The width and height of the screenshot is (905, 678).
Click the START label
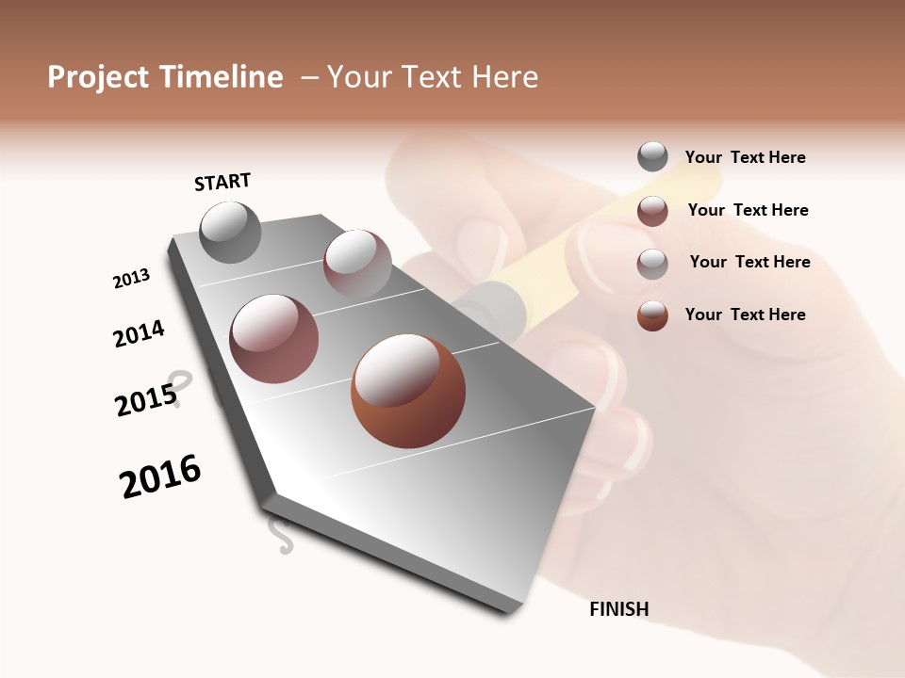coord(222,181)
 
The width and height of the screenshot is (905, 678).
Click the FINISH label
coord(618,609)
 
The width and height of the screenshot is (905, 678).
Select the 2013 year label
coord(131,279)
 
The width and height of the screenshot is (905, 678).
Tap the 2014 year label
coord(139,334)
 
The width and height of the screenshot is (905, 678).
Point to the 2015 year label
coord(146,401)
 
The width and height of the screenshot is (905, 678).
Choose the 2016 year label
coord(160,476)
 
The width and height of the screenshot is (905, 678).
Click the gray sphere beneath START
coord(230,232)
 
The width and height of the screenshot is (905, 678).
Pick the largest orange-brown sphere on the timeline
coord(408,391)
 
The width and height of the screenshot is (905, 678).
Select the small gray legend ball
coord(652,156)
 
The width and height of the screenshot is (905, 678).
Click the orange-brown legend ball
coord(652,315)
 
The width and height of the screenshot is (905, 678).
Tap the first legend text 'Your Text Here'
coord(745,157)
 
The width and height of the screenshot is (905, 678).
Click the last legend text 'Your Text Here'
coord(745,315)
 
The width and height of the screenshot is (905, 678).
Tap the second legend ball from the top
coord(652,211)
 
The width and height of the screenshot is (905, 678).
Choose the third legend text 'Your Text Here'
coord(749,262)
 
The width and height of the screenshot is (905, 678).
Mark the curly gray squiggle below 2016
coord(280,534)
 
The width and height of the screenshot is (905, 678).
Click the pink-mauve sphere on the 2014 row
coord(273,339)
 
